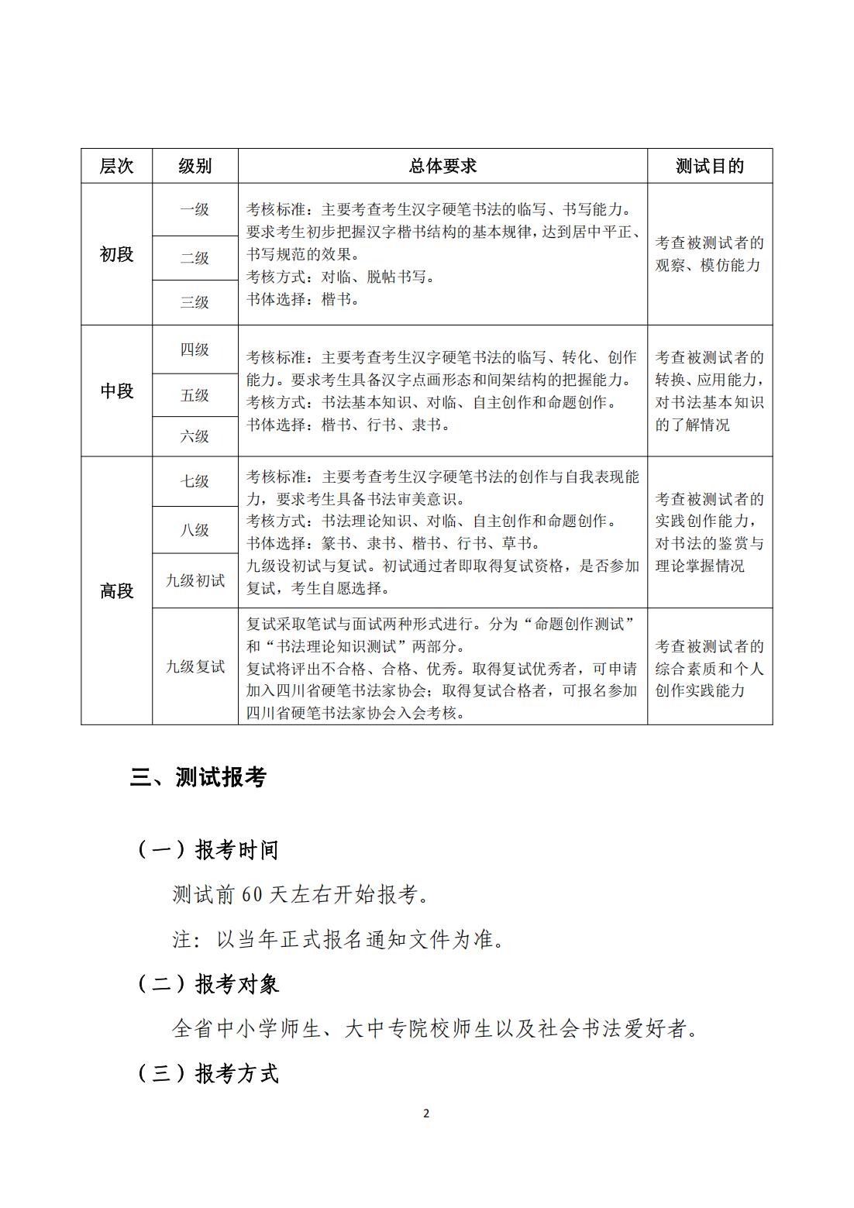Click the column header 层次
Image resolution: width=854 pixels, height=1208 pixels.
pos(116,166)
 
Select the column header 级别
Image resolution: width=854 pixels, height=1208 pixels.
pos(195,166)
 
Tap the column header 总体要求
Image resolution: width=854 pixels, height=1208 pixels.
pos(442,166)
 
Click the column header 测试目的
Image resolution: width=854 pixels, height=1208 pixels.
pos(709,166)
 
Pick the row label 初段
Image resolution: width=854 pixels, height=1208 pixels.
pos(116,254)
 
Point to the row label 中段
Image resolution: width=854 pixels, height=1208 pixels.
pos(116,391)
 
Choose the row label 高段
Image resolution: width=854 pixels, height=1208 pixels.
pos(116,591)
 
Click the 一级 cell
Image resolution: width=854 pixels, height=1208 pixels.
pos(195,209)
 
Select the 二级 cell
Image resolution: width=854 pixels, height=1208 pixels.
pos(195,258)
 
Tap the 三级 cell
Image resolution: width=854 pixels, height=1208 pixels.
pos(195,302)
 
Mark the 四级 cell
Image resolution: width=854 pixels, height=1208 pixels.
pos(195,349)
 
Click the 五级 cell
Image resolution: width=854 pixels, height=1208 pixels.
pos(195,395)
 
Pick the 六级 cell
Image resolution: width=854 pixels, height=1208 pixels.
pos(195,436)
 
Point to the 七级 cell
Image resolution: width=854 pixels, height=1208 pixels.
pos(195,481)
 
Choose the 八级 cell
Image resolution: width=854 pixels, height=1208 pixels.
pos(195,530)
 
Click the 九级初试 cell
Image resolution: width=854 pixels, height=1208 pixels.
pos(195,580)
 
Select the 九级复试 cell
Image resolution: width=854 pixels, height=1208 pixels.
pos(195,666)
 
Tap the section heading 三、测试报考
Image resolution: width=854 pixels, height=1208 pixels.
pos(198,777)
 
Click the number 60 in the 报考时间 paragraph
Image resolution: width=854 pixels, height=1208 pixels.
pos(252,895)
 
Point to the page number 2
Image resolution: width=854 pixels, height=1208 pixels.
pos(426,1113)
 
